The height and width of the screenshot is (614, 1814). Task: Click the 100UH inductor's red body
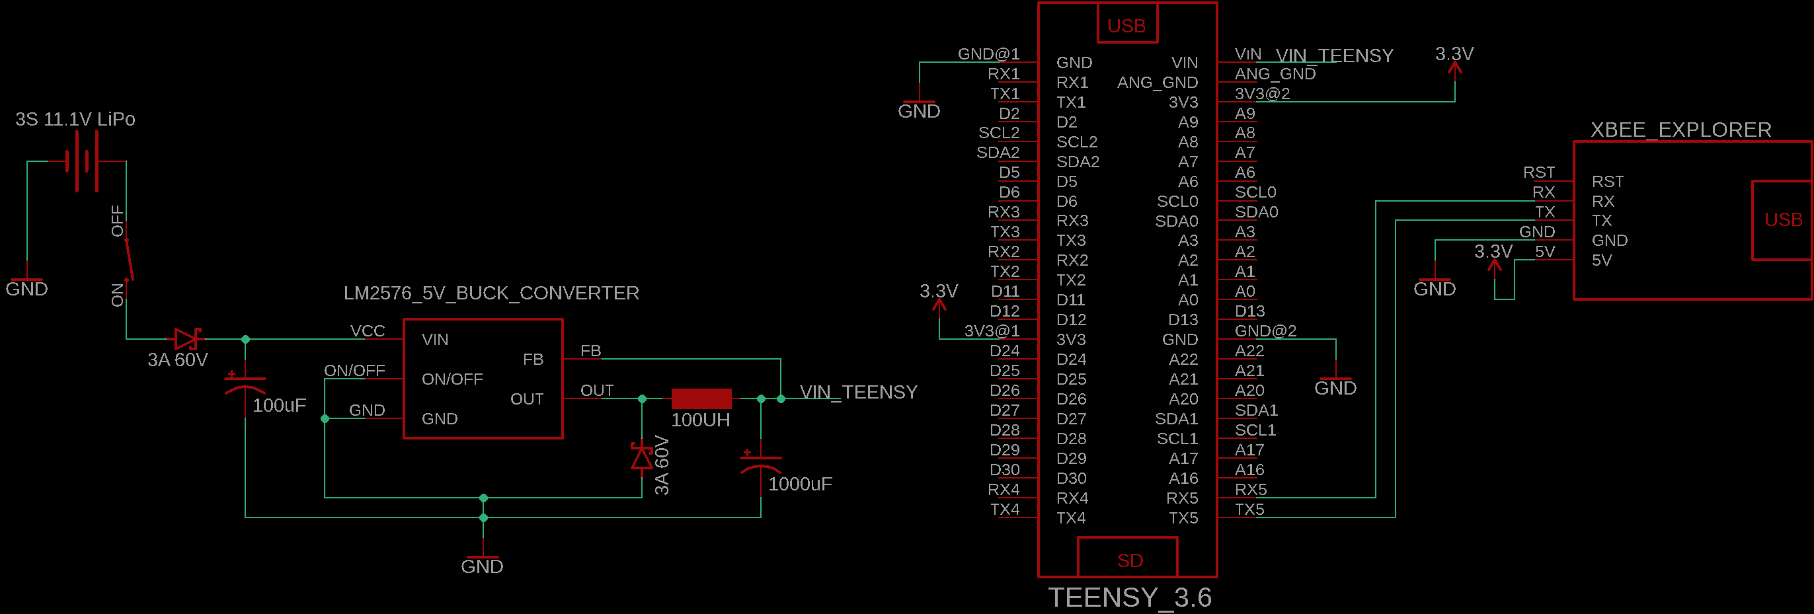[701, 399]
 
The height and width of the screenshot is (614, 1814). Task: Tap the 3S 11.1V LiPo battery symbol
[81, 161]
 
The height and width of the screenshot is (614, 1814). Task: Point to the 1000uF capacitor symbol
[760, 463]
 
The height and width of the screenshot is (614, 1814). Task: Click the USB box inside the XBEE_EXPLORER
[1782, 220]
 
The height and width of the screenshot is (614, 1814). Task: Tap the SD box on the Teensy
[1129, 560]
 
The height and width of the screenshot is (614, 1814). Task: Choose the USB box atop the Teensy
[1126, 25]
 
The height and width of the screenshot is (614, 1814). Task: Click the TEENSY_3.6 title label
[1130, 597]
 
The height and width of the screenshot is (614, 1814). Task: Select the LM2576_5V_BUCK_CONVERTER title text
[491, 293]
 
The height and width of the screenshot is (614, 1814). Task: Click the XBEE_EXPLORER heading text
[1680, 130]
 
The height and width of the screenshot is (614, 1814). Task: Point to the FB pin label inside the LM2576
[533, 359]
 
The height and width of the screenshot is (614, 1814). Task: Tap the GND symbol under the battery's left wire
[26, 284]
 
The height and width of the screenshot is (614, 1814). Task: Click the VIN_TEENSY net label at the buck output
[858, 392]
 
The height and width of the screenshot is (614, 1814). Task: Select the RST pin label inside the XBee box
[1608, 182]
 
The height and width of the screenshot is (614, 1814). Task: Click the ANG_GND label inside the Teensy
[1157, 83]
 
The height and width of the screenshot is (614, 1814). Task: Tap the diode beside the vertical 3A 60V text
[641, 456]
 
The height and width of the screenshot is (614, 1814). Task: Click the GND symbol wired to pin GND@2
[1335, 384]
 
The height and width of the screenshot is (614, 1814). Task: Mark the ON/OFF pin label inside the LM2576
[452, 379]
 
